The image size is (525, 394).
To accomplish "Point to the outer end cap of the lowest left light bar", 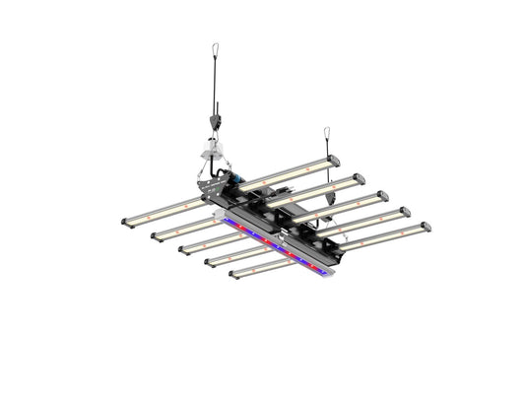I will click(x=232, y=273).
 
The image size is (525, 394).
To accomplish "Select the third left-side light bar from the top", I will click(x=212, y=239).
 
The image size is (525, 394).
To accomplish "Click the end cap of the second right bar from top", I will click(x=359, y=178).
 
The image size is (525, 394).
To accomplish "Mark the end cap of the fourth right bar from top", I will click(x=404, y=211).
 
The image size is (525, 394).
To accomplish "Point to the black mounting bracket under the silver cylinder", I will click(x=209, y=184).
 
